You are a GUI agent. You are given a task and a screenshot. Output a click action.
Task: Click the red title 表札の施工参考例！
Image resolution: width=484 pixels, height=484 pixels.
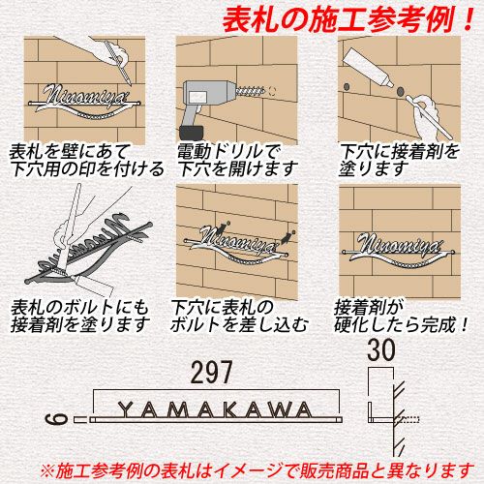(348, 20)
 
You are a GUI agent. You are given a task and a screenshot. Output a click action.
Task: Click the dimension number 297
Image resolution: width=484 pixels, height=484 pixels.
(211, 373)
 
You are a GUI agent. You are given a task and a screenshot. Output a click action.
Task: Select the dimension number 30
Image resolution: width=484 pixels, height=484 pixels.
(381, 349)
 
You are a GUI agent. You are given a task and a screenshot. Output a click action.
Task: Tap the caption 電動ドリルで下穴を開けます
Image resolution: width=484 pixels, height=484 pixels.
(237, 160)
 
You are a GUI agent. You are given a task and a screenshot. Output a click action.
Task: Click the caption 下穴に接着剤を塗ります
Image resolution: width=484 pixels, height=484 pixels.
(399, 160)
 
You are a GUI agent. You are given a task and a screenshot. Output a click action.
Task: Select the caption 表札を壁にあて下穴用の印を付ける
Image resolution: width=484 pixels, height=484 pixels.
(86, 160)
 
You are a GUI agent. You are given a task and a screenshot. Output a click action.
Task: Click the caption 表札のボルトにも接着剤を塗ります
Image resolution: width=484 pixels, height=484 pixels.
(80, 317)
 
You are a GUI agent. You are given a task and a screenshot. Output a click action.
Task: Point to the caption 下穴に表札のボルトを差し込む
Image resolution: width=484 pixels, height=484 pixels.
(239, 317)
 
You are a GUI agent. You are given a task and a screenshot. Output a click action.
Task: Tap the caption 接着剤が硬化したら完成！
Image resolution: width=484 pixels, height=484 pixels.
(401, 317)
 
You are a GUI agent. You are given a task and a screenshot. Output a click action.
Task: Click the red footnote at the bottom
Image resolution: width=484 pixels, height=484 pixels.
(257, 471)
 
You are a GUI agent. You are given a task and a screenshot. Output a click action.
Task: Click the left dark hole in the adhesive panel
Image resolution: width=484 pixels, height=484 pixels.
(348, 87)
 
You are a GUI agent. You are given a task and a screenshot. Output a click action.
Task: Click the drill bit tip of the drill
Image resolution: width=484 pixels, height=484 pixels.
(264, 92)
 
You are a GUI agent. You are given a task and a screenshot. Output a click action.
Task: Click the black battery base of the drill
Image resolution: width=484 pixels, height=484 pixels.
(191, 133)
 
